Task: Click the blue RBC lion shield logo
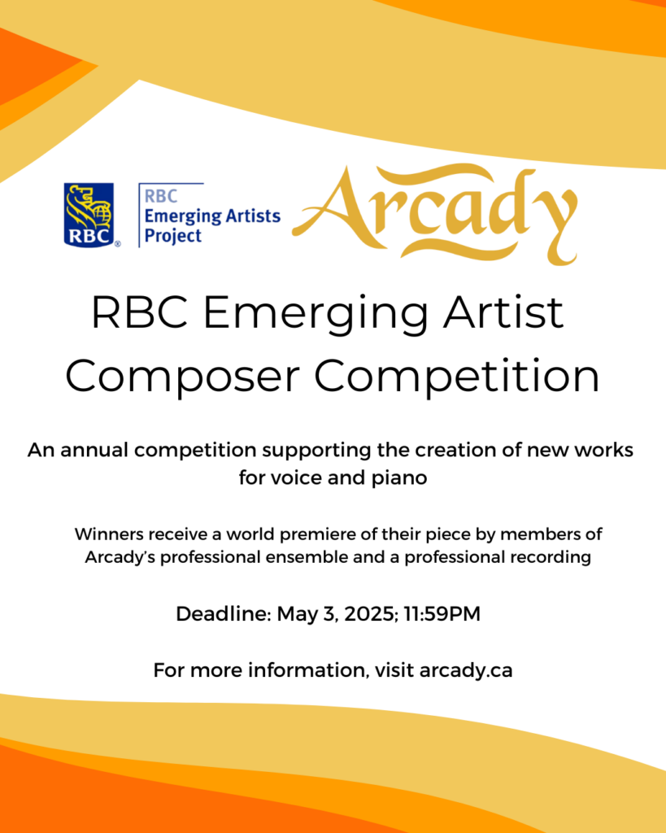click(89, 215)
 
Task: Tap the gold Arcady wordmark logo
click(435, 215)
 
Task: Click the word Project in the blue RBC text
click(173, 236)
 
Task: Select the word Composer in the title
click(182, 376)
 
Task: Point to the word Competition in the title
click(457, 375)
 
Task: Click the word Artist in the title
click(503, 312)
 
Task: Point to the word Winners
click(109, 534)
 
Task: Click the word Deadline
click(224, 614)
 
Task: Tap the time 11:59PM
click(442, 614)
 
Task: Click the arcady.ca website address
click(466, 670)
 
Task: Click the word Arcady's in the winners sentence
click(120, 558)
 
